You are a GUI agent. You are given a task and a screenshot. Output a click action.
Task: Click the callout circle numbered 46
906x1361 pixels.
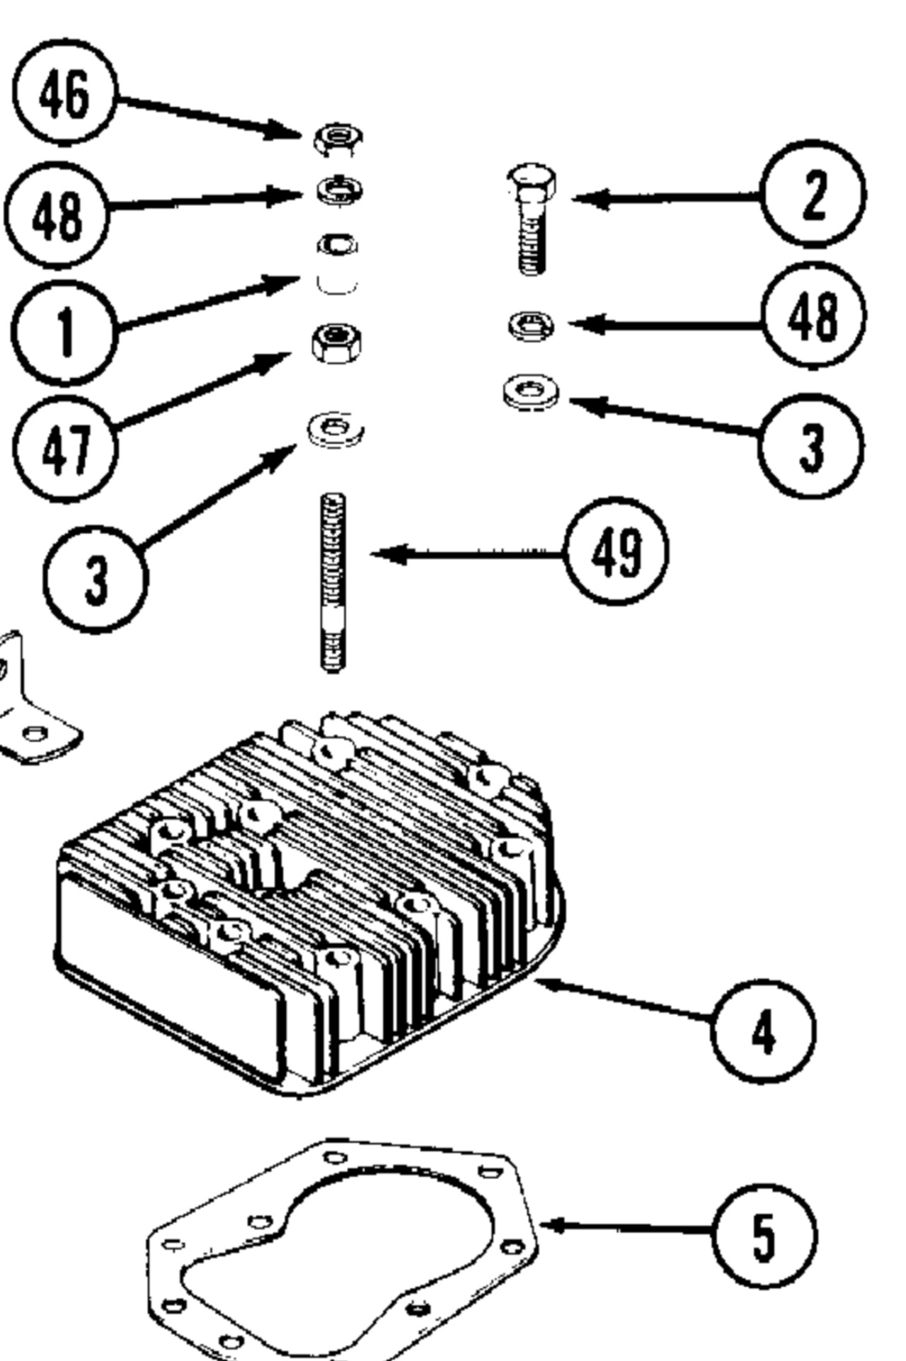(x=64, y=94)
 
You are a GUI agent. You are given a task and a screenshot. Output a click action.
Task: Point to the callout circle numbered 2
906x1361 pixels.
(x=813, y=194)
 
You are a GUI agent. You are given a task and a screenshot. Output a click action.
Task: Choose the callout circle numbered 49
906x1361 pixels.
(x=617, y=551)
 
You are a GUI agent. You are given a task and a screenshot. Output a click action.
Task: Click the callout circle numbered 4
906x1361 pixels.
(x=763, y=1031)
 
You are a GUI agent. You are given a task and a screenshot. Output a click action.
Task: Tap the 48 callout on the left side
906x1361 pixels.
(x=57, y=214)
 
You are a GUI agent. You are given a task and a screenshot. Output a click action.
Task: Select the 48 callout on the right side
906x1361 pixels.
(x=813, y=316)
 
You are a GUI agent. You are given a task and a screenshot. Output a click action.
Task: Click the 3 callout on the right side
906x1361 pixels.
(x=810, y=447)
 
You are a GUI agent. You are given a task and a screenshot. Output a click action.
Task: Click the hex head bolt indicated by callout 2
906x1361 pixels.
(x=532, y=219)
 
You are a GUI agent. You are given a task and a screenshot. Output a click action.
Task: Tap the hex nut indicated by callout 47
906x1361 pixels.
(x=337, y=343)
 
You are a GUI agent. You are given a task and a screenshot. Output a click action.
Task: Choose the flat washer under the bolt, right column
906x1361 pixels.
(x=530, y=392)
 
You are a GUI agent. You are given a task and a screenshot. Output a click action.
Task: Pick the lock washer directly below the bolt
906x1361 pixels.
(x=531, y=326)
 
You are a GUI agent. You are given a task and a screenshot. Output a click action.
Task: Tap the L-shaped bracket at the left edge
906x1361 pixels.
(x=28, y=715)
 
